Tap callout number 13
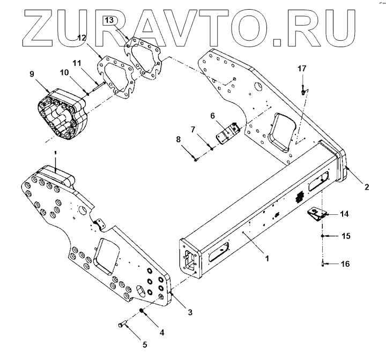pyautogui.click(x=109, y=20)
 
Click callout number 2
pyautogui.click(x=367, y=187)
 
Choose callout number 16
pyautogui.click(x=346, y=264)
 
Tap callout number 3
pyautogui.click(x=189, y=311)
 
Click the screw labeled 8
pyautogui.click(x=197, y=158)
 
